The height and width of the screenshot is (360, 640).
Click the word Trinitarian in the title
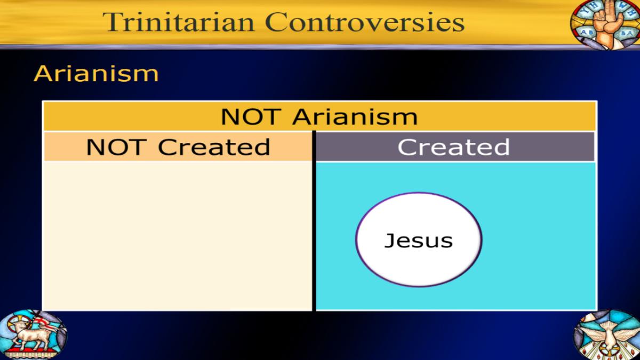tap(179, 22)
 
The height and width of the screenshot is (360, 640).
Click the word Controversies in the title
tap(365, 22)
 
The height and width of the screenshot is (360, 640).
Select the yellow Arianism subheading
tap(96, 74)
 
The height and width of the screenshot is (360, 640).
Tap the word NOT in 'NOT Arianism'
tap(250, 117)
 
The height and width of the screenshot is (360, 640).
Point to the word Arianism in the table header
tap(355, 117)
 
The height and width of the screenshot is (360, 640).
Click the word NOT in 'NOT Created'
tap(116, 147)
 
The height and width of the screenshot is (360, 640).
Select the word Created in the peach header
tap(214, 147)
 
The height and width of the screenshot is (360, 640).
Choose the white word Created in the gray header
tap(454, 147)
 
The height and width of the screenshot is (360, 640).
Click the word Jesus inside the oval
tap(419, 241)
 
